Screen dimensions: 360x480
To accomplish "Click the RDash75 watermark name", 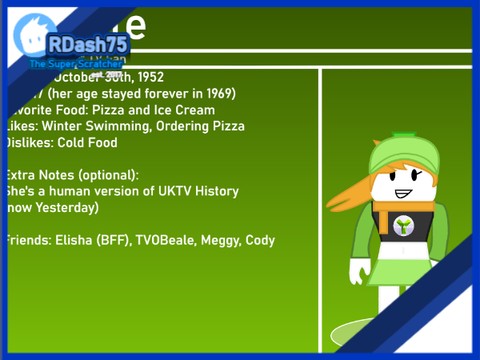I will coord(87,44).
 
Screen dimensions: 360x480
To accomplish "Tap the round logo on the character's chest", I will coord(404,226).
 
